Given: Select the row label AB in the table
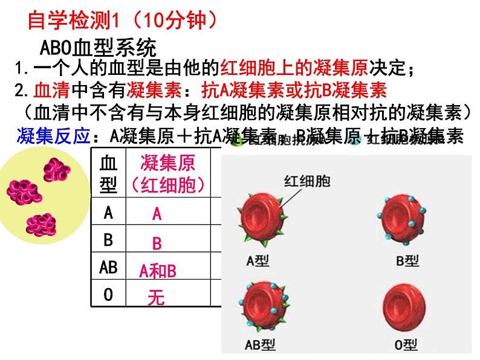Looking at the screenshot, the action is click(x=108, y=267).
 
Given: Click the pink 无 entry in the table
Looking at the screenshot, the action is click(x=156, y=298).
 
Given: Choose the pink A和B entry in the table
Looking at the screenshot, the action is click(x=157, y=271).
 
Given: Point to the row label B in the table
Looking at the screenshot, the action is click(x=108, y=240).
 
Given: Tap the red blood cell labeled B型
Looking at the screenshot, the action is click(x=401, y=216).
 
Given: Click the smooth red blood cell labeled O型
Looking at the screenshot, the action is click(x=401, y=306).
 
